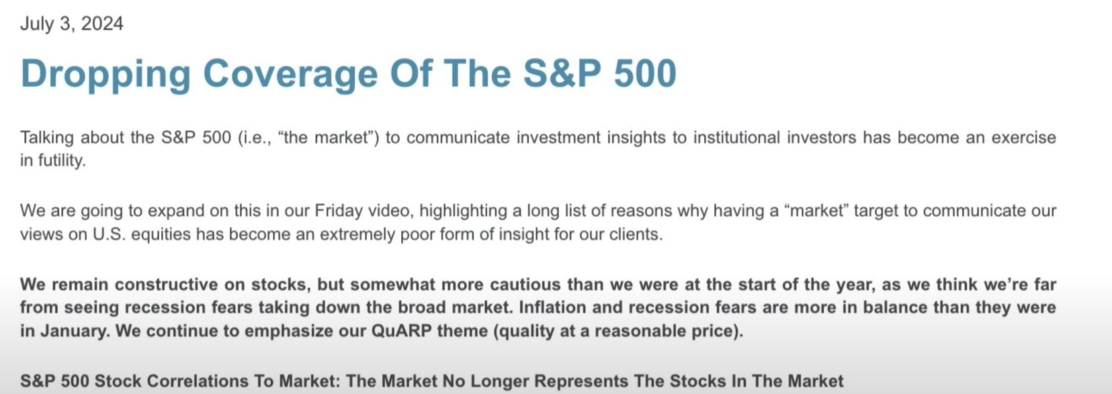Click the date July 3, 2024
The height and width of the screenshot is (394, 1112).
click(71, 23)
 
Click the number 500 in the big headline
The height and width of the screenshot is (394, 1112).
click(645, 73)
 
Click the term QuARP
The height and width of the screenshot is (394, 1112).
click(402, 331)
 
